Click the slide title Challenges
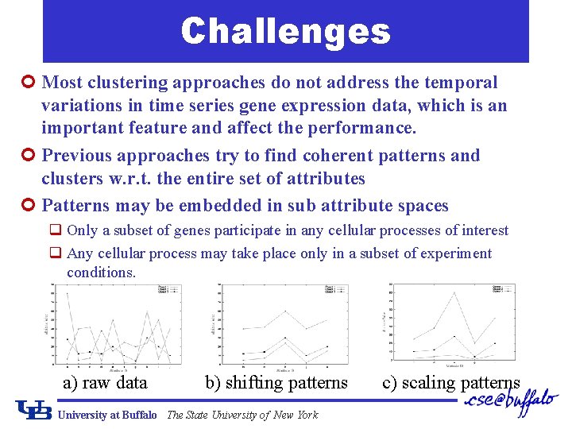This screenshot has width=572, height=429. tap(285, 32)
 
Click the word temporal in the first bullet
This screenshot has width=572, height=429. tap(465, 83)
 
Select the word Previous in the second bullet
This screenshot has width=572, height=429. tap(77, 156)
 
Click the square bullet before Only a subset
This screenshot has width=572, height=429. tap(56, 230)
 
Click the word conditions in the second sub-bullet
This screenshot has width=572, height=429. tap(101, 272)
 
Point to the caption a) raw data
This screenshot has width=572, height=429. tap(105, 383)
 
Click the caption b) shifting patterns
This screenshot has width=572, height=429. tap(276, 383)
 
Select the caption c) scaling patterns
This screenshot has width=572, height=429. tap(450, 383)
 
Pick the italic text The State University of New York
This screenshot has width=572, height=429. tap(242, 415)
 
